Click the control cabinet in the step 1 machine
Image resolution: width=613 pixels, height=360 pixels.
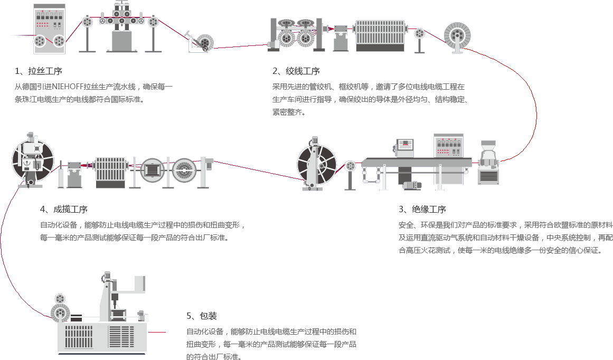(49, 29)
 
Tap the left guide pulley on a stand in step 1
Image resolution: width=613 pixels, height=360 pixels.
(87, 22)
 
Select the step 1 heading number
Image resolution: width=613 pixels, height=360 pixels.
(17, 71)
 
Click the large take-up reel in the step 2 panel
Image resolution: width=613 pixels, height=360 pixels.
(457, 36)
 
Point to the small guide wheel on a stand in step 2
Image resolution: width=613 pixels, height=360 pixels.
(420, 33)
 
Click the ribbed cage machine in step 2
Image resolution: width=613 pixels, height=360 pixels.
(380, 35)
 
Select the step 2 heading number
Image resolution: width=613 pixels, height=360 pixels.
(275, 71)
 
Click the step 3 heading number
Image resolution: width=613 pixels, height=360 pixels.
(401, 210)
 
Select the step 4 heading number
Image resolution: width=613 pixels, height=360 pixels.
(43, 210)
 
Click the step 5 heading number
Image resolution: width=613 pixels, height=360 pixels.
(189, 316)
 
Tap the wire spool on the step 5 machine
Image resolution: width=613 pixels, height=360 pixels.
(61, 314)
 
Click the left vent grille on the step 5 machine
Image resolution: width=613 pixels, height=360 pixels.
(78, 336)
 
